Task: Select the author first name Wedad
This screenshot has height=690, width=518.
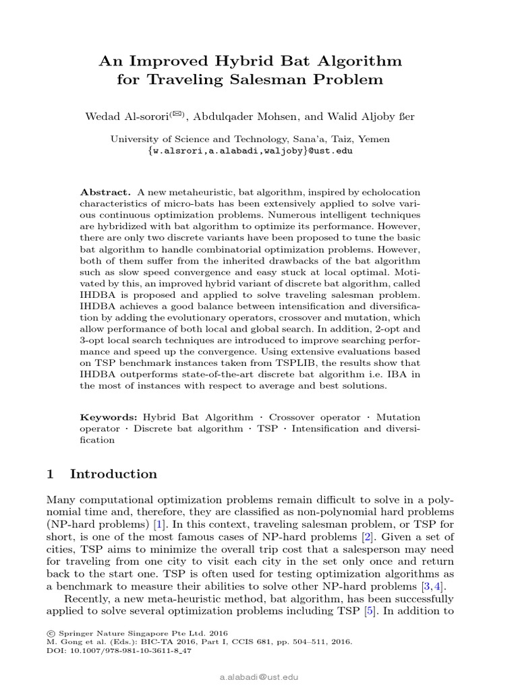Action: (102, 117)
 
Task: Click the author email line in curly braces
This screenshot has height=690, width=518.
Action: (250, 151)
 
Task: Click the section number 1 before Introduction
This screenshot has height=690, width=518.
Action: (51, 474)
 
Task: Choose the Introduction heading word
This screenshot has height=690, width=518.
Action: (113, 474)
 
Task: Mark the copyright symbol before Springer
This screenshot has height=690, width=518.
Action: (51, 633)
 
